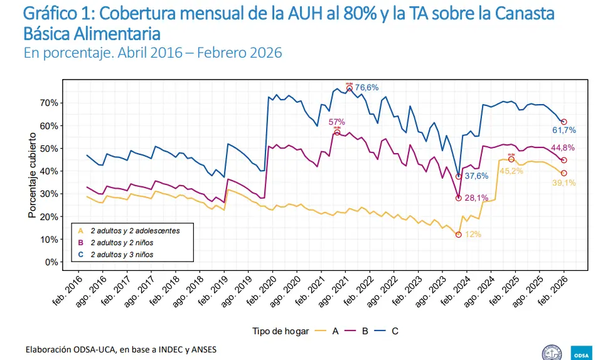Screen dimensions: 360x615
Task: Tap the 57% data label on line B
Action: (x=337, y=122)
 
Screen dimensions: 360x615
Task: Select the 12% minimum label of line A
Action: (x=473, y=235)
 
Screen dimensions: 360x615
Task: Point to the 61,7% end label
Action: (x=564, y=130)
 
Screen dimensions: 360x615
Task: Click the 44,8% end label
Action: (x=564, y=148)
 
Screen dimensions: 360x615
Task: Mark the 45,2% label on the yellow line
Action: (x=511, y=171)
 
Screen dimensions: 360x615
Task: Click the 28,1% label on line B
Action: (x=476, y=198)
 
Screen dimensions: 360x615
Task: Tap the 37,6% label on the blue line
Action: (x=476, y=176)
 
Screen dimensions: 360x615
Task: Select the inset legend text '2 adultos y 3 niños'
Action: (x=122, y=255)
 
